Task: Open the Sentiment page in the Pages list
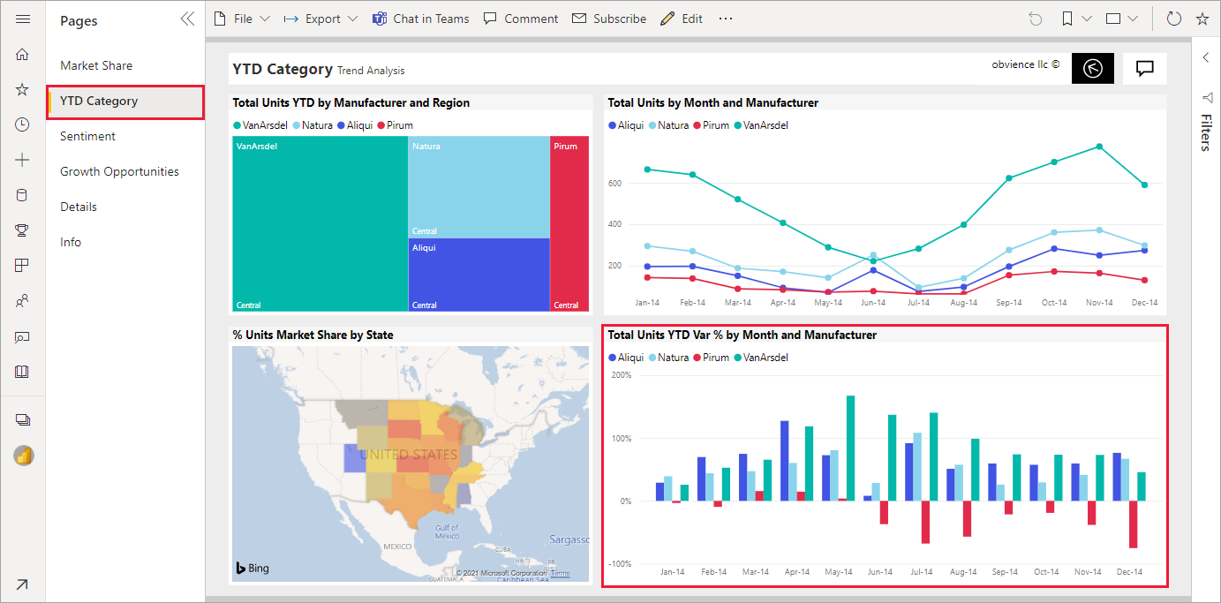click(x=87, y=136)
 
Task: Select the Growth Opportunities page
click(x=119, y=172)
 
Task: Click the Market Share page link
click(x=96, y=65)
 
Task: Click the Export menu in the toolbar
click(x=320, y=19)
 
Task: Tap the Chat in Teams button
click(x=420, y=19)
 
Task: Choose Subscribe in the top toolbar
click(x=609, y=19)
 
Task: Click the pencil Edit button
click(x=682, y=19)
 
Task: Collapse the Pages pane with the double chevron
click(x=187, y=19)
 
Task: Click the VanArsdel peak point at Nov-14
click(x=1099, y=147)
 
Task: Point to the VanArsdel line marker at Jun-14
click(x=873, y=260)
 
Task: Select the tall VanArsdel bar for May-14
click(x=850, y=448)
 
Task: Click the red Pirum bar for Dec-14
click(x=1134, y=524)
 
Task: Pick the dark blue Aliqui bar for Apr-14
click(x=784, y=461)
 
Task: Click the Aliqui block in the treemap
click(x=479, y=275)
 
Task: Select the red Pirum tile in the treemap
click(x=569, y=223)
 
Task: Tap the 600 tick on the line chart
click(x=614, y=183)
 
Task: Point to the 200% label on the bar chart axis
click(x=622, y=375)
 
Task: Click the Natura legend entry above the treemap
click(x=313, y=125)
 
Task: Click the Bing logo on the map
click(x=252, y=568)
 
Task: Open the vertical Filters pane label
click(x=1207, y=132)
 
